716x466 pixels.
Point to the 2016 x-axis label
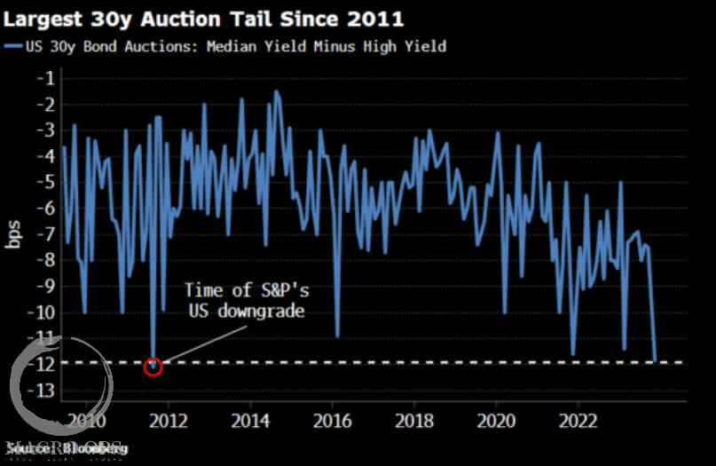coord(333,420)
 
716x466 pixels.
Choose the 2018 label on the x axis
coord(414,420)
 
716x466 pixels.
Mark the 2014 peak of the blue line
coord(277,91)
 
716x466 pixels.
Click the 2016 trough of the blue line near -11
coord(338,336)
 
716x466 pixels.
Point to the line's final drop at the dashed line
coord(656,360)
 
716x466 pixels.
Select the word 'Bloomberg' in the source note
coord(93,449)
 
